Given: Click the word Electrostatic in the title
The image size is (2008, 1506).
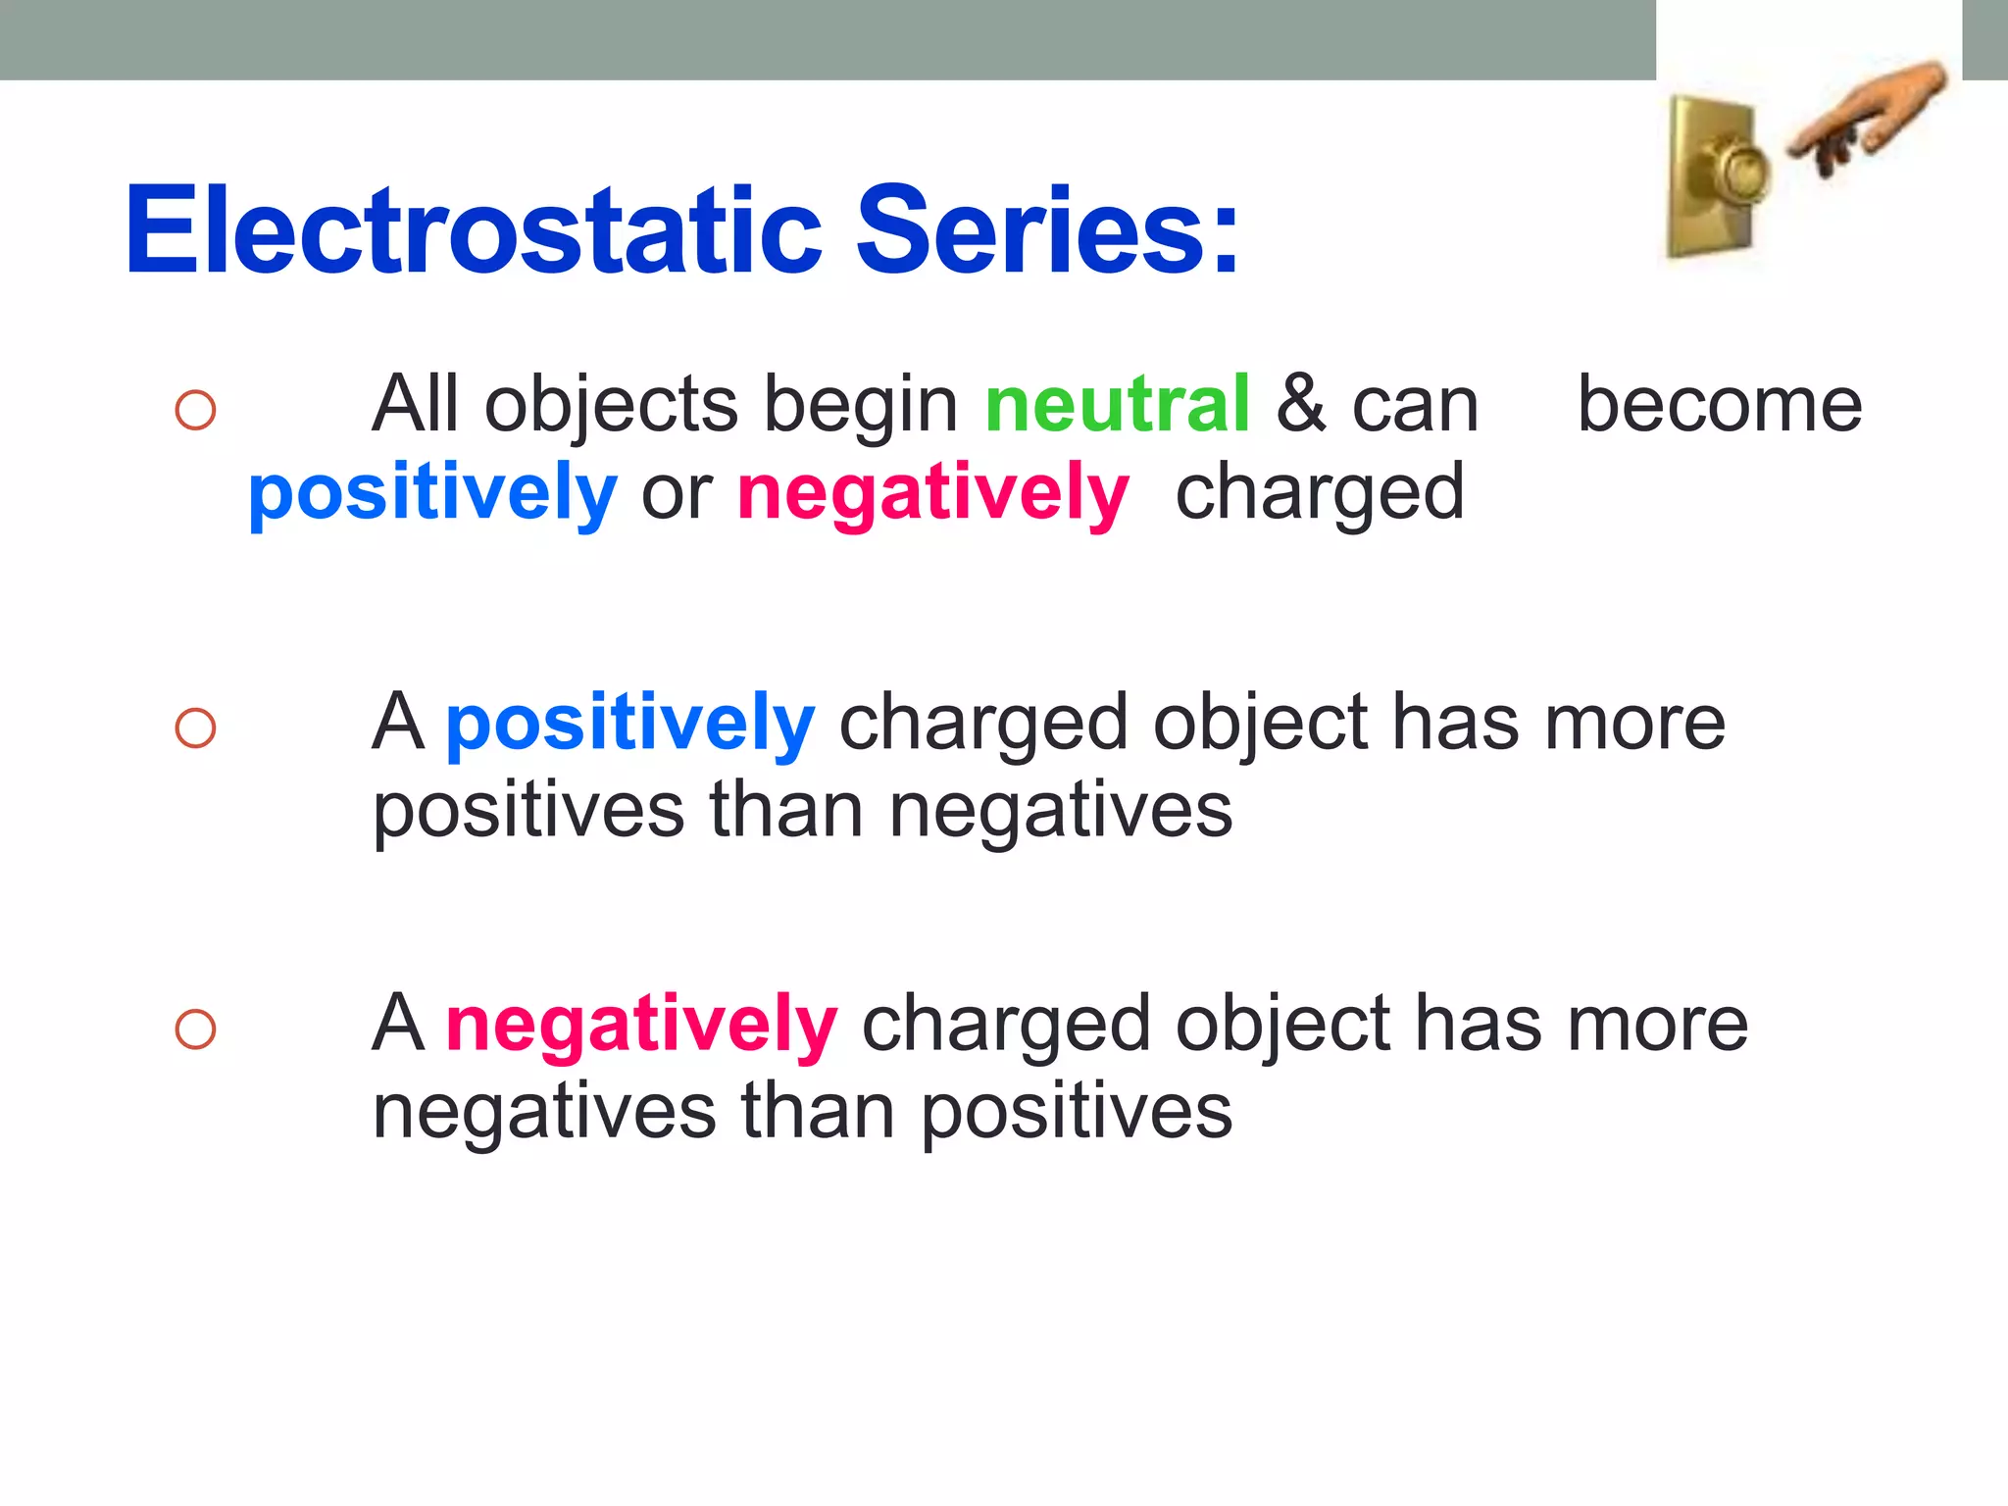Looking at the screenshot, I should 474,231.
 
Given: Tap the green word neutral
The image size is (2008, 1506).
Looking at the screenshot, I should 1117,404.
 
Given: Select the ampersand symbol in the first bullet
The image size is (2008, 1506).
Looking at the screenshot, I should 1301,404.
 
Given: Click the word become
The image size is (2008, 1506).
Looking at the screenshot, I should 1719,404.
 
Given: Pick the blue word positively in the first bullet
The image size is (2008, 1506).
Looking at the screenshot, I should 432,494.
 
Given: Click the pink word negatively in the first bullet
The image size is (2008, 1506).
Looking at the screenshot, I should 932,494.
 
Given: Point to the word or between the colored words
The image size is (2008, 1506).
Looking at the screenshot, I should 677,496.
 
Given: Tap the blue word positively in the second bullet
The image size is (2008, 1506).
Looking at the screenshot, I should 629,724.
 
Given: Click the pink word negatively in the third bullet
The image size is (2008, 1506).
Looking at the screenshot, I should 641,1025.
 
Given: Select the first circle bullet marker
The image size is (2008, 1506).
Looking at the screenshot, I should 195,410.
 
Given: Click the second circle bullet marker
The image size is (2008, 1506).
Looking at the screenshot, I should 195,728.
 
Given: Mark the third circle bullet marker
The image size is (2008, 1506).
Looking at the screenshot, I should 195,1029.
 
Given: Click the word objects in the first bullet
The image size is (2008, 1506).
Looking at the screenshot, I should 611,404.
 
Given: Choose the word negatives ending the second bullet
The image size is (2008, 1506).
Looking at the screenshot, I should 1060,811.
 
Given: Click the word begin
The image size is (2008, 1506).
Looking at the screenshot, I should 861,406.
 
